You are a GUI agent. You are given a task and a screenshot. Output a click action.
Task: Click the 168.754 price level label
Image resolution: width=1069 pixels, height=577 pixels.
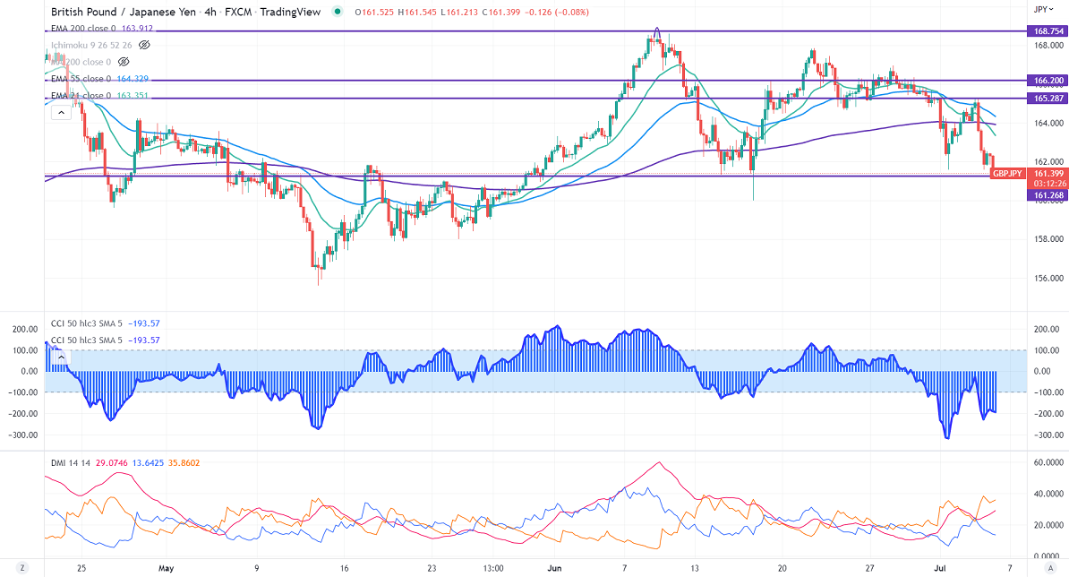pos(1047,31)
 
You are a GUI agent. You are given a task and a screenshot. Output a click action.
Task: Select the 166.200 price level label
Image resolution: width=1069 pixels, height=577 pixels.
pos(1047,81)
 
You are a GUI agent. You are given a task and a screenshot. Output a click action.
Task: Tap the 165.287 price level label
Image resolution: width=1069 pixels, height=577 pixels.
pos(1047,98)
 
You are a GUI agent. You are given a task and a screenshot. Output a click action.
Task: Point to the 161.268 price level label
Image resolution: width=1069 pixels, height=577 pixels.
pos(1047,194)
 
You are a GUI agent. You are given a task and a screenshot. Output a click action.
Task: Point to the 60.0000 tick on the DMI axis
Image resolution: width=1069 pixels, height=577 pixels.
pos(1047,462)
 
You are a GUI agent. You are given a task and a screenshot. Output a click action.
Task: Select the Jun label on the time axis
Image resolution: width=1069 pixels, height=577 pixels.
pos(555,568)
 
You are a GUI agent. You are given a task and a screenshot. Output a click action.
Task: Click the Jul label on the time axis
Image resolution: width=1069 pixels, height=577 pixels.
pos(942,568)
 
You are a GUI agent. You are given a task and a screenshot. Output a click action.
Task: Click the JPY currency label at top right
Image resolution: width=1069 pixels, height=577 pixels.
pos(1040,9)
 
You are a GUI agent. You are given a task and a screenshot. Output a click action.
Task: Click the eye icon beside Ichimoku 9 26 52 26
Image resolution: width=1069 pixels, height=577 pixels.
pos(143,44)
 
